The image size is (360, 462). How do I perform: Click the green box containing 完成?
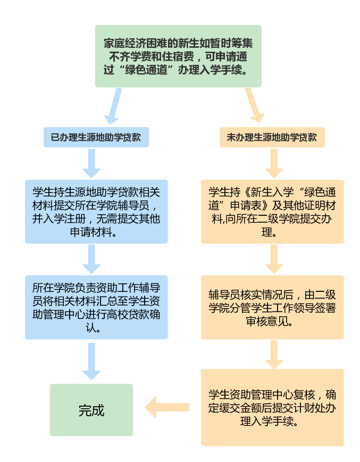91,410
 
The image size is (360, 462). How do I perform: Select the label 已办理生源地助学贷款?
96,137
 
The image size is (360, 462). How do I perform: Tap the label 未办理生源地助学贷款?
272,137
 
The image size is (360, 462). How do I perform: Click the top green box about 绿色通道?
179,56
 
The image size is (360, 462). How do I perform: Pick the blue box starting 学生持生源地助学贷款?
96,211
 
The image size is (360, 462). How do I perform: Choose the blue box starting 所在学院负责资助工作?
96,307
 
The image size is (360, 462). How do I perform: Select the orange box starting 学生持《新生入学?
272,211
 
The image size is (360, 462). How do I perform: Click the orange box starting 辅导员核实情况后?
272,307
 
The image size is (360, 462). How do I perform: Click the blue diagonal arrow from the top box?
114,106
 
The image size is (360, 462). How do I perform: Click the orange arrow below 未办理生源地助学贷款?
274,163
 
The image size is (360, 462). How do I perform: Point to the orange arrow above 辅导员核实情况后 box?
274,259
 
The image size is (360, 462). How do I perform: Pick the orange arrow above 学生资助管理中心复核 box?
274,354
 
